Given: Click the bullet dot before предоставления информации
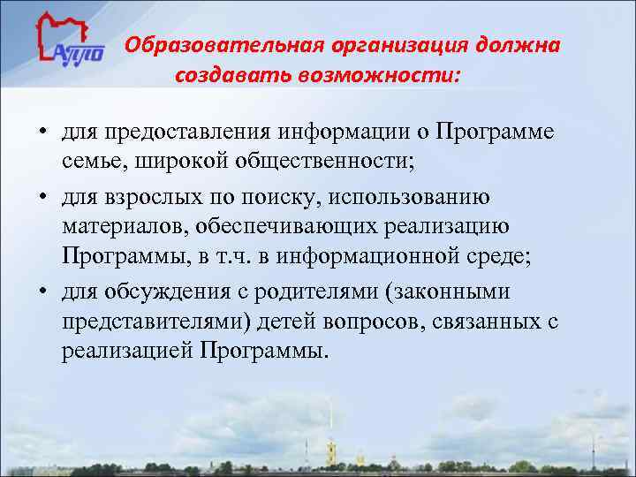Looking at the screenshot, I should (x=42, y=133).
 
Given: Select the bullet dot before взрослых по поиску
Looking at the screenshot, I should (x=42, y=195).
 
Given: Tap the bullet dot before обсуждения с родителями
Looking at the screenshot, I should (x=42, y=291).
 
